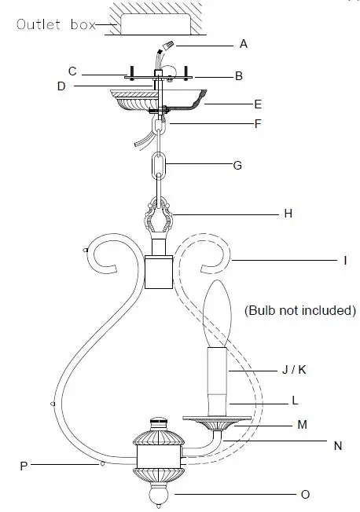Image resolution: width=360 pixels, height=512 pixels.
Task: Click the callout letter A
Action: tap(243, 44)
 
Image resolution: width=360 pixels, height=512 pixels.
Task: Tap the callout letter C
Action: tap(72, 71)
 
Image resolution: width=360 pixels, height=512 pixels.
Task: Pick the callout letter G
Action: tap(237, 166)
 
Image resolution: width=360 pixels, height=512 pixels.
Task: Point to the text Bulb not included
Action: tap(299, 310)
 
